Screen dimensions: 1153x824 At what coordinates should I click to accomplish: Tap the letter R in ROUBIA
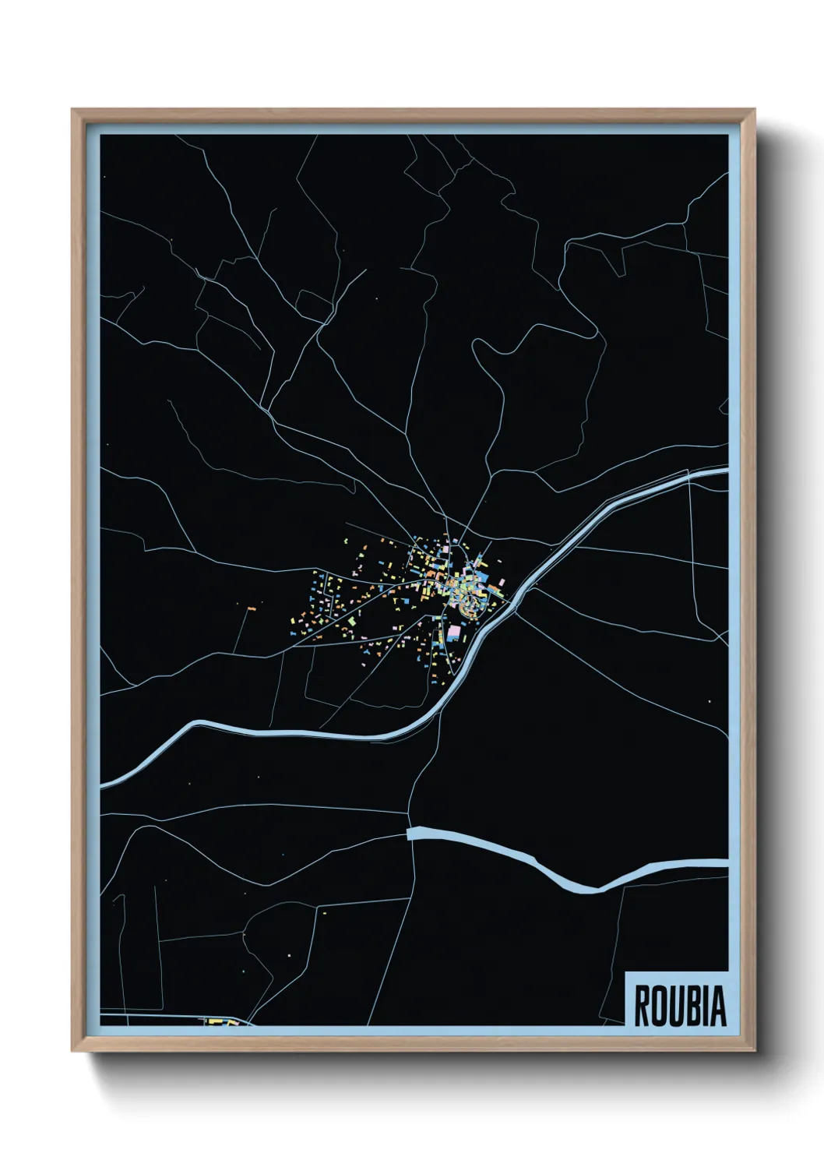click(x=643, y=1006)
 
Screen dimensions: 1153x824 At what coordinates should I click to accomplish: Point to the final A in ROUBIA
click(x=719, y=1006)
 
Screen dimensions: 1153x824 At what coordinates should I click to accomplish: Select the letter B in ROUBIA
click(x=691, y=1006)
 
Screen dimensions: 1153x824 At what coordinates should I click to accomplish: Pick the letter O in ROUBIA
click(x=658, y=1006)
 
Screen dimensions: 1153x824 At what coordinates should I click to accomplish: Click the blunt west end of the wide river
click(x=410, y=834)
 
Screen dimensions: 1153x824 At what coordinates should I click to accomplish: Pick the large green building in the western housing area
click(x=352, y=621)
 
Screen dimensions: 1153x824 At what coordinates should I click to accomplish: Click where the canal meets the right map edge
click(x=726, y=470)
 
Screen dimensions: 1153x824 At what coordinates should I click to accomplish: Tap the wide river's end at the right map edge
click(x=726, y=862)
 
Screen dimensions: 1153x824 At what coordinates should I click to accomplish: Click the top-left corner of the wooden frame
click(x=73, y=111)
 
